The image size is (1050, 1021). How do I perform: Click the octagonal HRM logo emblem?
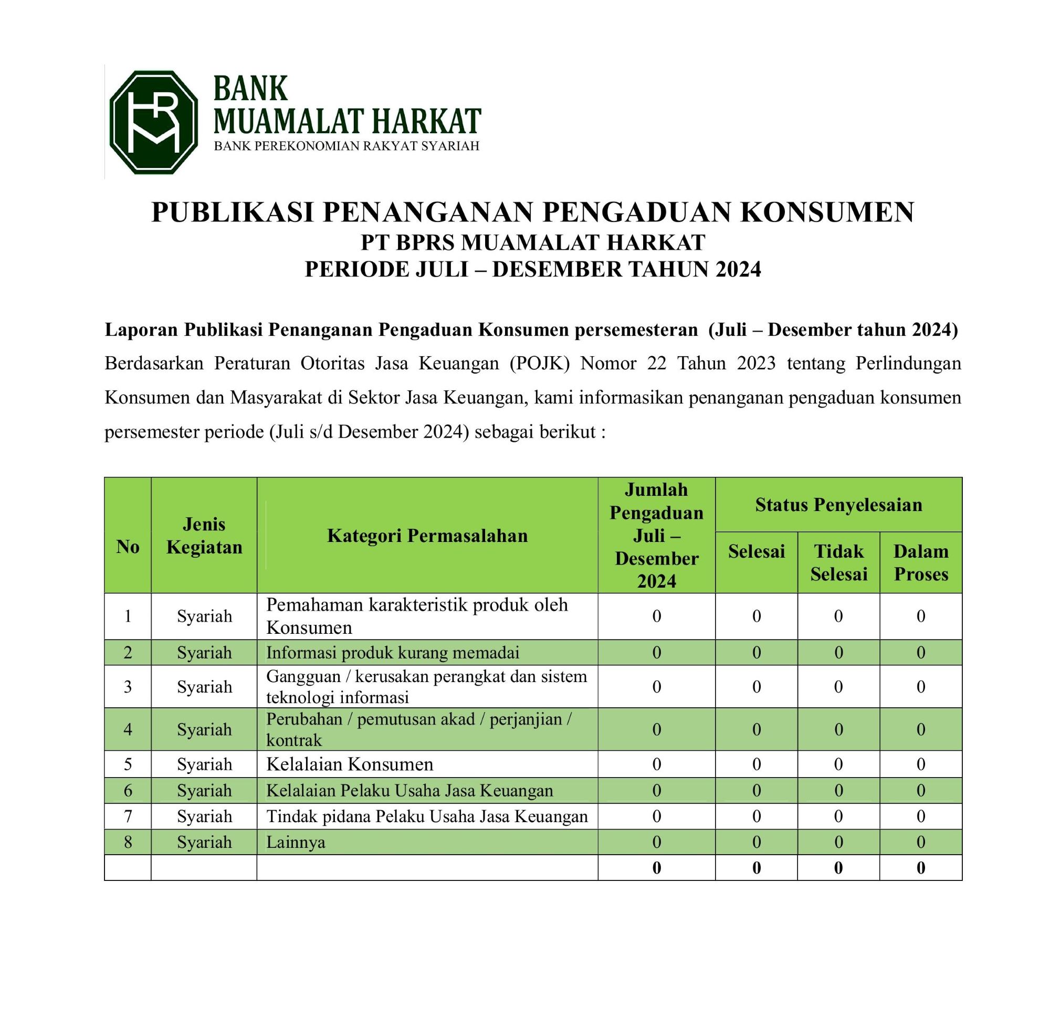tap(153, 122)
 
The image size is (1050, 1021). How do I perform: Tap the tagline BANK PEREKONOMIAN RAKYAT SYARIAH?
tap(346, 146)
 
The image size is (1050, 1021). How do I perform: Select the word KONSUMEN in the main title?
tap(827, 212)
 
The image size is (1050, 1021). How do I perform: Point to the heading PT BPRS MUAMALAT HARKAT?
tap(532, 243)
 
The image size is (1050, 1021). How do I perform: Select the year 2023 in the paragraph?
tap(756, 364)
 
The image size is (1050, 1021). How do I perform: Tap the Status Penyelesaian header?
tap(838, 505)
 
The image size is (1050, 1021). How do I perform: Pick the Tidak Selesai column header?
tap(838, 562)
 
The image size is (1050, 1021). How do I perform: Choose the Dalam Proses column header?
tap(921, 562)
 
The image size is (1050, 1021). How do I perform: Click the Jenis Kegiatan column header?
tap(204, 535)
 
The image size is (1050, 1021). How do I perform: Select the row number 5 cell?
tap(128, 763)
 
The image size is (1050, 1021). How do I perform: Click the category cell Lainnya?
tap(296, 842)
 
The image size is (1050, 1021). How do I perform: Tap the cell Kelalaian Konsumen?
tap(350, 763)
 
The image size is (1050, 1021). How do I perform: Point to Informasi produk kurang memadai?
tap(393, 653)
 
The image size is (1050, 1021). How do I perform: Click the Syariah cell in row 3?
tap(204, 686)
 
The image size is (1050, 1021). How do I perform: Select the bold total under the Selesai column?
tap(756, 868)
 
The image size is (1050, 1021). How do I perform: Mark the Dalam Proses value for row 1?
tap(921, 616)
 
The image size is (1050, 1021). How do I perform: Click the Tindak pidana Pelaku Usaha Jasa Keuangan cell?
tap(427, 816)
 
